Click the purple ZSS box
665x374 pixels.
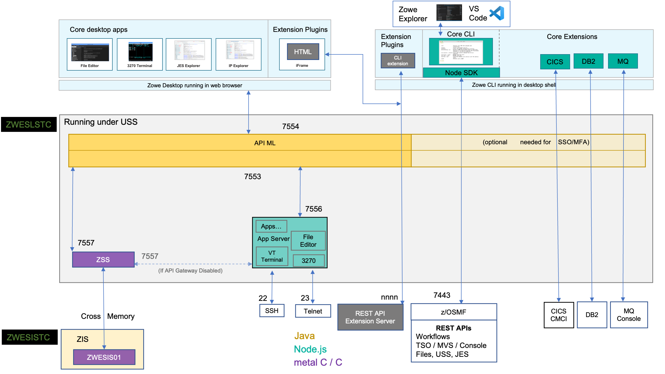(103, 259)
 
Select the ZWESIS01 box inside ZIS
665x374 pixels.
(104, 357)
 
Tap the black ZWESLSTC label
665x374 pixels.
(29, 124)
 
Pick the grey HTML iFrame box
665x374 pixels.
(303, 52)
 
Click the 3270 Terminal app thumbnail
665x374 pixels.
(140, 54)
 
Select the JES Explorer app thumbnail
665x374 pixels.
(189, 54)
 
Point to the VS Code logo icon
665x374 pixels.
(497, 13)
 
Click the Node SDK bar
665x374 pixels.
(461, 73)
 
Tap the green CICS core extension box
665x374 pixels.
(555, 62)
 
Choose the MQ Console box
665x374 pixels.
(629, 315)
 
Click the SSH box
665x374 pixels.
(272, 310)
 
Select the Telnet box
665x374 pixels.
(313, 311)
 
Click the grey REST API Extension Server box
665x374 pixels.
(370, 317)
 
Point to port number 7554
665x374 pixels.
(290, 126)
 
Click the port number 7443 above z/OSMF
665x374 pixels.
(442, 295)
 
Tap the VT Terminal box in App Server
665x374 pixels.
(272, 256)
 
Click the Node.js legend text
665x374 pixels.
(310, 349)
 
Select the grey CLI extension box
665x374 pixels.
(398, 61)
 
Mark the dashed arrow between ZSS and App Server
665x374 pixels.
(193, 264)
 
